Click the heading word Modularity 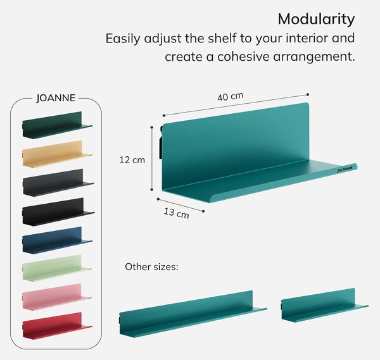[316, 20]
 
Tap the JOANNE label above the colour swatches [56, 98]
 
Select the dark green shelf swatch [57, 125]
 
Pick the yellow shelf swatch [57, 154]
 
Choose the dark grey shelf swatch [58, 183]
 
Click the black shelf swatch [58, 212]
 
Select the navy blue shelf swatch [57, 240]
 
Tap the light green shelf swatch [57, 268]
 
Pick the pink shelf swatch [57, 297]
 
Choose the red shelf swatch [57, 326]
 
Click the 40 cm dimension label [231, 97]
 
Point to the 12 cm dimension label [132, 160]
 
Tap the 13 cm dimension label [176, 213]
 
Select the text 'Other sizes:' [151, 267]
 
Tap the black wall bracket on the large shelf [161, 142]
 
